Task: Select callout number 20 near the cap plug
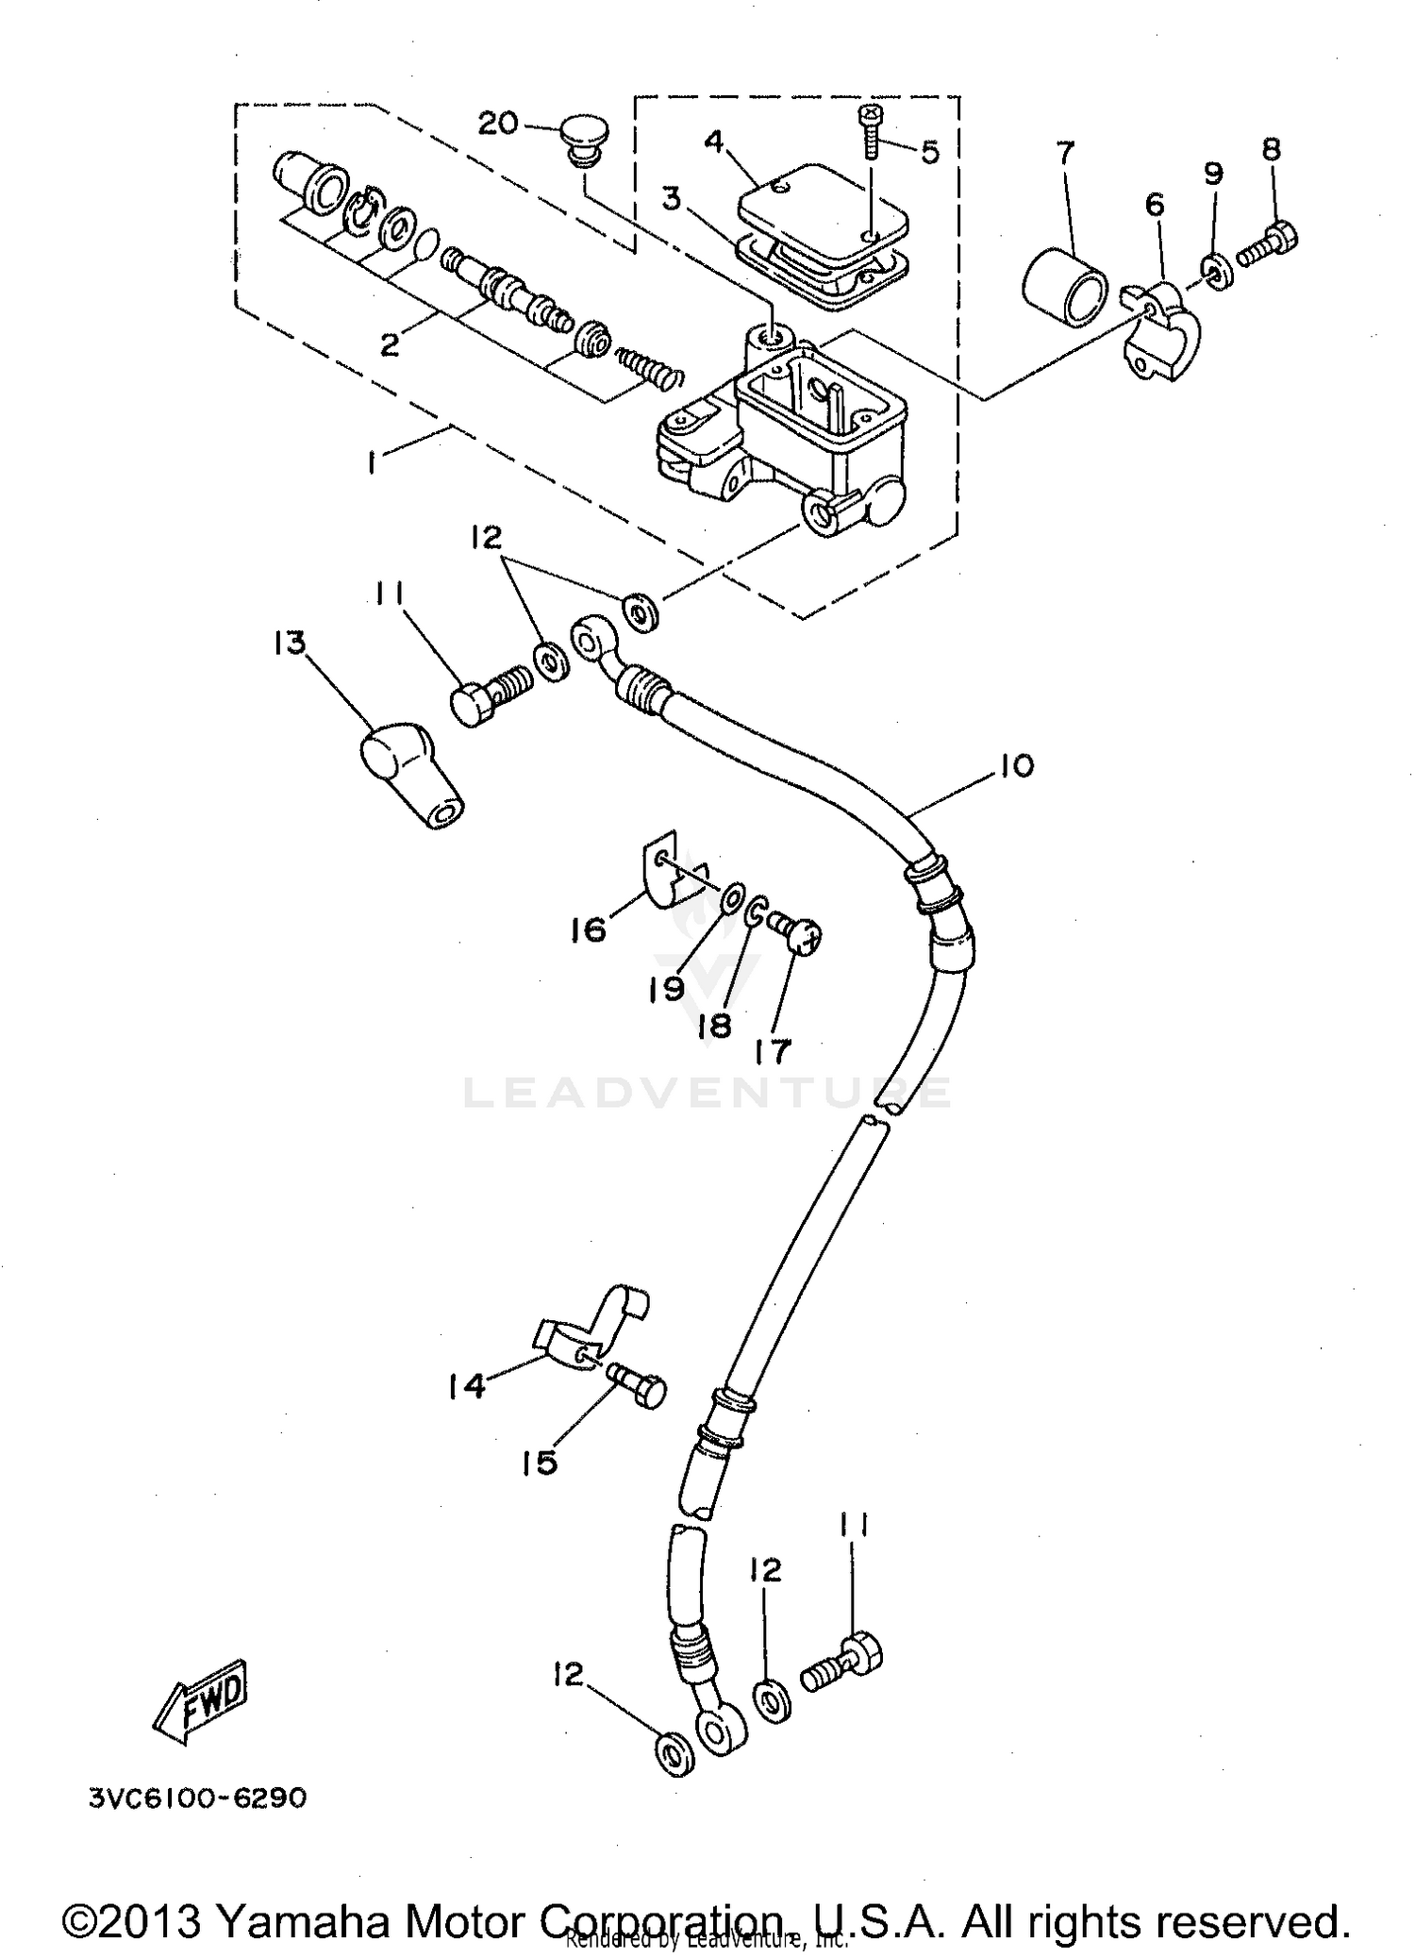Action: click(x=498, y=123)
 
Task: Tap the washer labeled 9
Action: click(x=1217, y=271)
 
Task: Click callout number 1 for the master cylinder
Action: click(x=375, y=461)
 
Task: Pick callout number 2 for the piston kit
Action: click(x=389, y=344)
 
